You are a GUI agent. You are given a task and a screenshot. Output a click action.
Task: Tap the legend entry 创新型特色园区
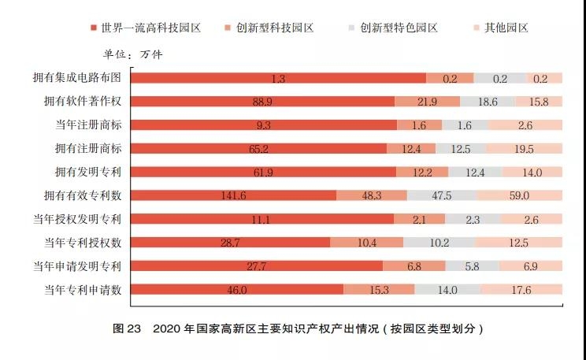point(397,28)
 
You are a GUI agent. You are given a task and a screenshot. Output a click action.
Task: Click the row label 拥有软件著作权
point(82,102)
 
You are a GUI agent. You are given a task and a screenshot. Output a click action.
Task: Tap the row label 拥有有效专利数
point(82,195)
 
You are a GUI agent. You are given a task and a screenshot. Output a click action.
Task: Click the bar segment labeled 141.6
point(233,195)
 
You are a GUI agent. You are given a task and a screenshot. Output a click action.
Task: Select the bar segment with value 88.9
point(262,102)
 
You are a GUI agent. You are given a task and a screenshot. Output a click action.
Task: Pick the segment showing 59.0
point(519,195)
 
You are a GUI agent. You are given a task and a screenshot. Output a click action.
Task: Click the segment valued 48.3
point(372,195)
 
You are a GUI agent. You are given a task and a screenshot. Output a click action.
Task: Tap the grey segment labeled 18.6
point(488,102)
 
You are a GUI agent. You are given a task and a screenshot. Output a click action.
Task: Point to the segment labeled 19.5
point(524,148)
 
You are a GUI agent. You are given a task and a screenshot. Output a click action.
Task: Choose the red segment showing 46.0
point(237,289)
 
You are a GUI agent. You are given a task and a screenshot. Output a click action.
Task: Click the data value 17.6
point(521,290)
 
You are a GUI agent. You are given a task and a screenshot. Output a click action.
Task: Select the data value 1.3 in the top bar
point(277,78)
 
